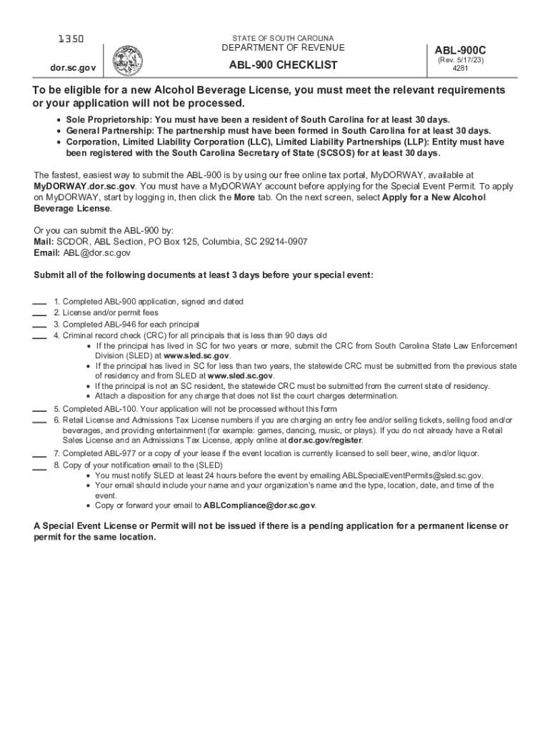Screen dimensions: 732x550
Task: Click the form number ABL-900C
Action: click(460, 50)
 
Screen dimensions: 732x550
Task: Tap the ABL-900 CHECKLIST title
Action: click(283, 66)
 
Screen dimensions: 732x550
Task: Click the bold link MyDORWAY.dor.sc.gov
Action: click(75, 186)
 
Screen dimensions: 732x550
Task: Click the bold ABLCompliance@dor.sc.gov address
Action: click(259, 505)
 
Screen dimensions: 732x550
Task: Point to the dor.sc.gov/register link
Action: click(324, 440)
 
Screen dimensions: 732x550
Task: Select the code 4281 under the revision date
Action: click(460, 69)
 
